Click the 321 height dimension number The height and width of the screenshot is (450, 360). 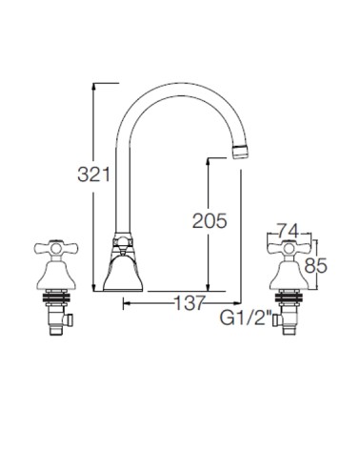tap(95, 174)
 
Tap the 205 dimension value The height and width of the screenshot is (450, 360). tap(209, 221)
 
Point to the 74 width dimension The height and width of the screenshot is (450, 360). tap(290, 230)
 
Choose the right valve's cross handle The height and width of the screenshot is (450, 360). tap(292, 250)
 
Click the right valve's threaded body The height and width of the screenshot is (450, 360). tap(292, 305)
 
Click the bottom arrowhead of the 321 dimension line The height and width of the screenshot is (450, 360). tap(94, 289)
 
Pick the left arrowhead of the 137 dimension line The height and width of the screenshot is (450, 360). tap(125, 305)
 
